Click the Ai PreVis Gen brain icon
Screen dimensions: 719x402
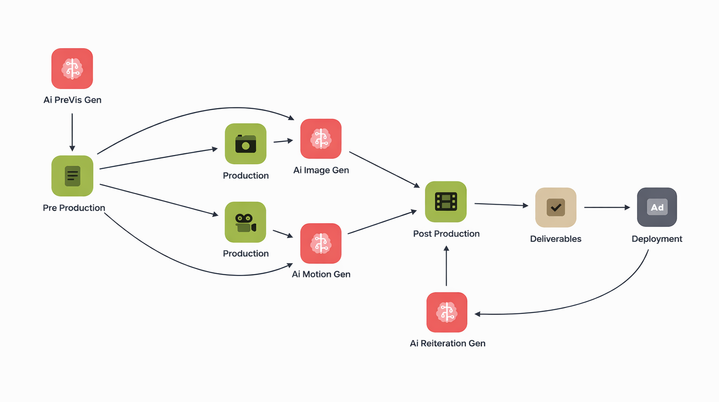(72, 68)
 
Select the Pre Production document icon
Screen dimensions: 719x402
(72, 176)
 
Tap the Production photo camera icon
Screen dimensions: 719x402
(246, 144)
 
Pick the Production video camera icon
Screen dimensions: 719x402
(246, 222)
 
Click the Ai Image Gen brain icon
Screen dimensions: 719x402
(321, 139)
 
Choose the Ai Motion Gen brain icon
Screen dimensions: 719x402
(321, 243)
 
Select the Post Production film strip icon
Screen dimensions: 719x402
(446, 201)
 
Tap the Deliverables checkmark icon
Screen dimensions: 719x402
(556, 207)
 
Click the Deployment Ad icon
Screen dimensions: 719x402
(657, 207)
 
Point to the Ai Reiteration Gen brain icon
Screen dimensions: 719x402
(447, 312)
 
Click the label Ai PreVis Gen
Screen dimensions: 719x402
(73, 100)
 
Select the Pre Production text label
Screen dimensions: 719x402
(74, 208)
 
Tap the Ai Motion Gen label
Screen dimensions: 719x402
(321, 274)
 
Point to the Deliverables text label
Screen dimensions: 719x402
(556, 239)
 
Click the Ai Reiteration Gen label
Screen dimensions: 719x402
(448, 343)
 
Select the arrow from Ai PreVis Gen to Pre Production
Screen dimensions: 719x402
(72, 132)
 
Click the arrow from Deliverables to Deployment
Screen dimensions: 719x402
(607, 208)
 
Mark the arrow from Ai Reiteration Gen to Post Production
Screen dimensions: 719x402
(446, 266)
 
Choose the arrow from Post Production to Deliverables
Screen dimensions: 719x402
(501, 204)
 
